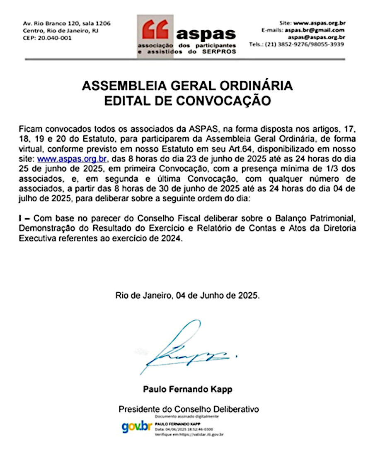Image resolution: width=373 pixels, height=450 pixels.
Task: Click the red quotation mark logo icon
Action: tap(155, 29)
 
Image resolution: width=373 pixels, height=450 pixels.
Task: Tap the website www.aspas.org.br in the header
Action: tap(319, 23)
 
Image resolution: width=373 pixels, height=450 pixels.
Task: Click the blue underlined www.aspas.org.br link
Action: tap(73, 159)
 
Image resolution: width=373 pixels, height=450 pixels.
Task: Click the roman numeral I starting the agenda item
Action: tap(21, 218)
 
